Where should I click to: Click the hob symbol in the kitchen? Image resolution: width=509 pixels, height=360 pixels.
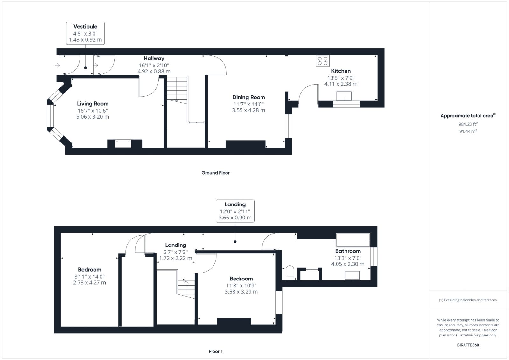coord(323,61)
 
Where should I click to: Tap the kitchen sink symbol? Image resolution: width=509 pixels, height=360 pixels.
coord(344,96)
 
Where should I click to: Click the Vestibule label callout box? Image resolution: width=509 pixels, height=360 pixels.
coord(85,33)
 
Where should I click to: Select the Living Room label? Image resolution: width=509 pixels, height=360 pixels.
coord(93,104)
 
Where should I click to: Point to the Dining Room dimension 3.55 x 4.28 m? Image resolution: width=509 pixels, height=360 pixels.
coord(248,110)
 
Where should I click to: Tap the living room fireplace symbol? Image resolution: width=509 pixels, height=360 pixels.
coord(123,143)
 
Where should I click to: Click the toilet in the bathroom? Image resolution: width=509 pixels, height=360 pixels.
coord(290,273)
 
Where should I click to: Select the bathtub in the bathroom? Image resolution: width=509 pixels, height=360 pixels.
coord(353,240)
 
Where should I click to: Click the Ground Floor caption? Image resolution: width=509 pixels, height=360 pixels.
coord(215,173)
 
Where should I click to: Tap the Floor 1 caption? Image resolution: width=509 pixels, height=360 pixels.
coord(215,351)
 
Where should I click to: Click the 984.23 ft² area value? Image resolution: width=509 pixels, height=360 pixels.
coord(468,124)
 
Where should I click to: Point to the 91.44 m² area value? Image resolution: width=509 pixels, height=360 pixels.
coord(468,131)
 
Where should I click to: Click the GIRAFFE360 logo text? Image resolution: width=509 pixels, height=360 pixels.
coord(468,345)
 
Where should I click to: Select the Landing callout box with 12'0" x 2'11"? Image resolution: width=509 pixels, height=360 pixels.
coord(235,211)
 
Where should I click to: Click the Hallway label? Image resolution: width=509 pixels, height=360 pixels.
coord(154,59)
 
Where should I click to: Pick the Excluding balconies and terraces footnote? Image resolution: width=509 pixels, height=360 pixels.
coord(468,300)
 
